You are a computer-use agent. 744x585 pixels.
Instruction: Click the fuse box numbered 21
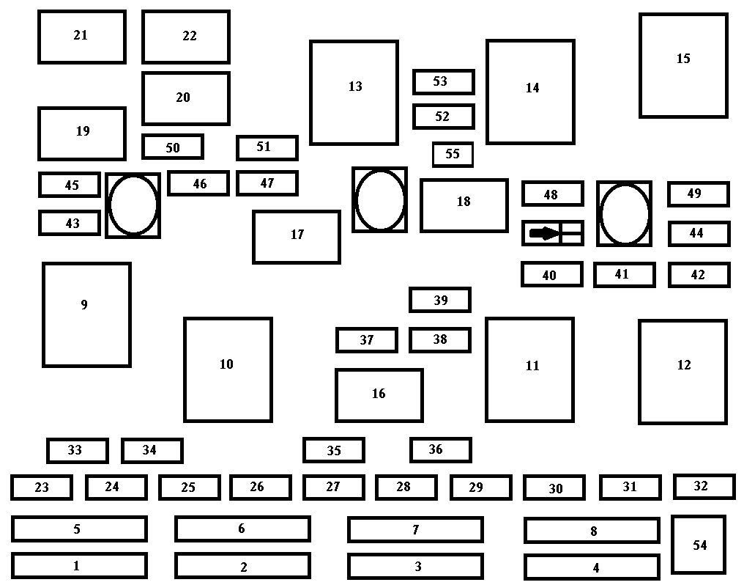[x=81, y=36]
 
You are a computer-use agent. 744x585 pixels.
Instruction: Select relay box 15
[x=683, y=65]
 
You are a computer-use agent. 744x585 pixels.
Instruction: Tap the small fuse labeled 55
[x=453, y=155]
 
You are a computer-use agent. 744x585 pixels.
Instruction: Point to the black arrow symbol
[x=544, y=233]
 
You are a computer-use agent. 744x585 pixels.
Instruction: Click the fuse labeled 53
[x=443, y=81]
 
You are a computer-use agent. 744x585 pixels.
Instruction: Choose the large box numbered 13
[x=354, y=92]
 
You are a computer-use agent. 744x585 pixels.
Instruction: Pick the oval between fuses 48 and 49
[x=624, y=213]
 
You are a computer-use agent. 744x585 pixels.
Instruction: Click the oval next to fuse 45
[x=133, y=205]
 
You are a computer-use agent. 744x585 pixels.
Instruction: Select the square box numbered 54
[x=699, y=545]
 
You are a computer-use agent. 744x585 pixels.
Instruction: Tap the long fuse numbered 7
[x=415, y=529]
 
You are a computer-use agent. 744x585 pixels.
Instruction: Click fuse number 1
[x=79, y=565]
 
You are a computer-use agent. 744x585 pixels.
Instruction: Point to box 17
[x=296, y=236]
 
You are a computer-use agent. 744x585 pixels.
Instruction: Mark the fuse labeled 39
[x=439, y=300]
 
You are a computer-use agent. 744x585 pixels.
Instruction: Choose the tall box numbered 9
[x=86, y=314]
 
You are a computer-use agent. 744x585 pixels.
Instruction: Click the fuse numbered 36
[x=439, y=449]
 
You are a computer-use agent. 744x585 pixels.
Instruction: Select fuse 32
[x=704, y=486]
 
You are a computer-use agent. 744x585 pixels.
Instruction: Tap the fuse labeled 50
[x=172, y=147]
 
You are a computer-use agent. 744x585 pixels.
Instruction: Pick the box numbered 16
[x=379, y=395]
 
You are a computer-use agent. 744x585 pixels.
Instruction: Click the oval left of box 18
[x=379, y=199]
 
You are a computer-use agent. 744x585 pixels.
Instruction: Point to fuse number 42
[x=699, y=275]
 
